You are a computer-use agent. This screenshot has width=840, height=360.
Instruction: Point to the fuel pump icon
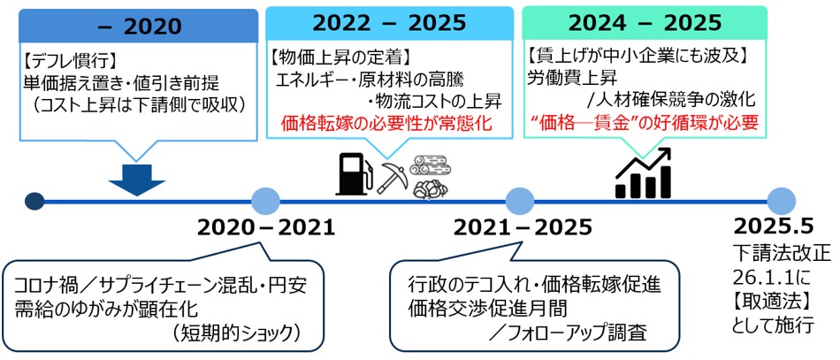point(351,172)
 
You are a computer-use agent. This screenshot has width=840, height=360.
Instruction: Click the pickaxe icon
point(391,175)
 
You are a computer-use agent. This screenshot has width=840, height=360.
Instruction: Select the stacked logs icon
point(432,175)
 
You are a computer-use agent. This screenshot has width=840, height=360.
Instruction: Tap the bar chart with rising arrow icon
point(643,172)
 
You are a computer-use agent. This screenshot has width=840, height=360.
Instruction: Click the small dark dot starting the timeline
point(34,202)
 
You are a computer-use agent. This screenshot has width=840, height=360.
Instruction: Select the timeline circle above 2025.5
point(781,202)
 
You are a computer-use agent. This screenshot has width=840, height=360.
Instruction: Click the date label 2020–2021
point(266,230)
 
